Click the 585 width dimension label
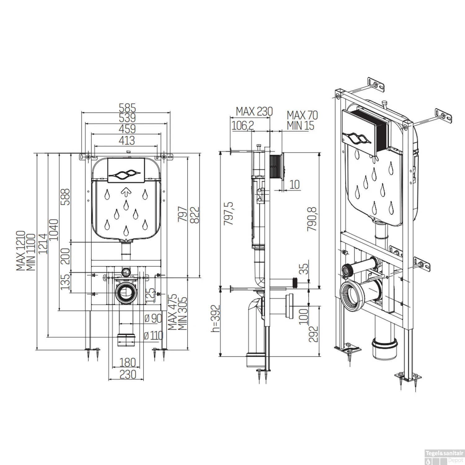pos(127,108)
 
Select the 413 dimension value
pos(127,140)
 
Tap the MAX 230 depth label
pos(254,111)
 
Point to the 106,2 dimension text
pos(243,125)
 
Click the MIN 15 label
pos(300,126)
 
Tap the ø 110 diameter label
pos(154,335)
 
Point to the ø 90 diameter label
pos(153,318)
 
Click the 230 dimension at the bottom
pos(127,374)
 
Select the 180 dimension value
pos(127,362)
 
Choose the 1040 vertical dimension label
pos(53,230)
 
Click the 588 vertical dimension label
pos(65,197)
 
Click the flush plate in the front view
pos(126,170)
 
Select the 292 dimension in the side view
pos(314,334)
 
